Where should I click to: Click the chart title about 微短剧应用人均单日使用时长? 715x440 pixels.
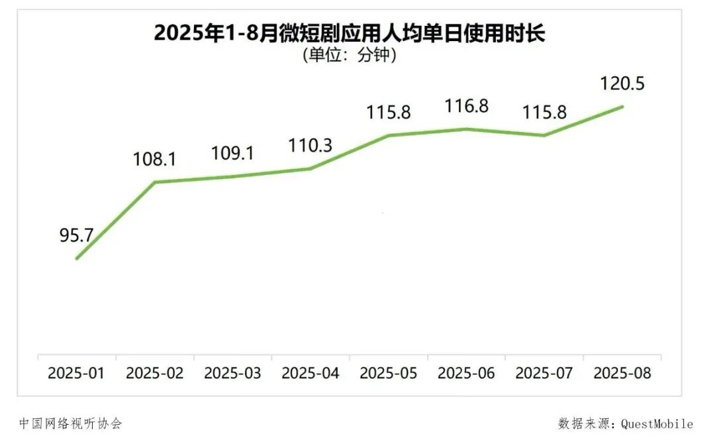pyautogui.click(x=350, y=33)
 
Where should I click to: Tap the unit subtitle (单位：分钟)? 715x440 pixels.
pyautogui.click(x=350, y=55)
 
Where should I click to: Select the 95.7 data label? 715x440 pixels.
pyautogui.click(x=76, y=235)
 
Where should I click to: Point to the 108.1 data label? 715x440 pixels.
pyautogui.click(x=154, y=159)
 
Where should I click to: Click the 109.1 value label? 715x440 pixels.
pyautogui.click(x=232, y=153)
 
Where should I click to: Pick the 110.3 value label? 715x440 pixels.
pyautogui.click(x=310, y=146)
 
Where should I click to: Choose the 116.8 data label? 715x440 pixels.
pyautogui.click(x=466, y=106)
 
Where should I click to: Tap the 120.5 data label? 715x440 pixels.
pyautogui.click(x=622, y=83)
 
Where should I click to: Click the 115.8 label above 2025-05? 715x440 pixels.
pyautogui.click(x=389, y=112)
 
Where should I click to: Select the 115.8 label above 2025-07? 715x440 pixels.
pyautogui.click(x=544, y=112)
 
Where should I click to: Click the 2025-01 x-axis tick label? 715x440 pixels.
pyautogui.click(x=76, y=373)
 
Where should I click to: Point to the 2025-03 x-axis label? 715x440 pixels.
pyautogui.click(x=232, y=373)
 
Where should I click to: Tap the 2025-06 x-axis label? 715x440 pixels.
pyautogui.click(x=466, y=373)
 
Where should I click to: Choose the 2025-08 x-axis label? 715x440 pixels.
pyautogui.click(x=622, y=373)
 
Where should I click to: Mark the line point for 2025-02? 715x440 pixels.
pyautogui.click(x=154, y=182)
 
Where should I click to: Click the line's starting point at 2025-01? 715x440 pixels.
pyautogui.click(x=77, y=259)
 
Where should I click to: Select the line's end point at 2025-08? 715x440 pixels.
pyautogui.click(x=622, y=107)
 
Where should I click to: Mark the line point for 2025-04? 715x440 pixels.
pyautogui.click(x=310, y=168)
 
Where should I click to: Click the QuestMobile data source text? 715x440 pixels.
pyautogui.click(x=626, y=423)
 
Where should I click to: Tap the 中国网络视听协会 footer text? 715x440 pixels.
pyautogui.click(x=71, y=423)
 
